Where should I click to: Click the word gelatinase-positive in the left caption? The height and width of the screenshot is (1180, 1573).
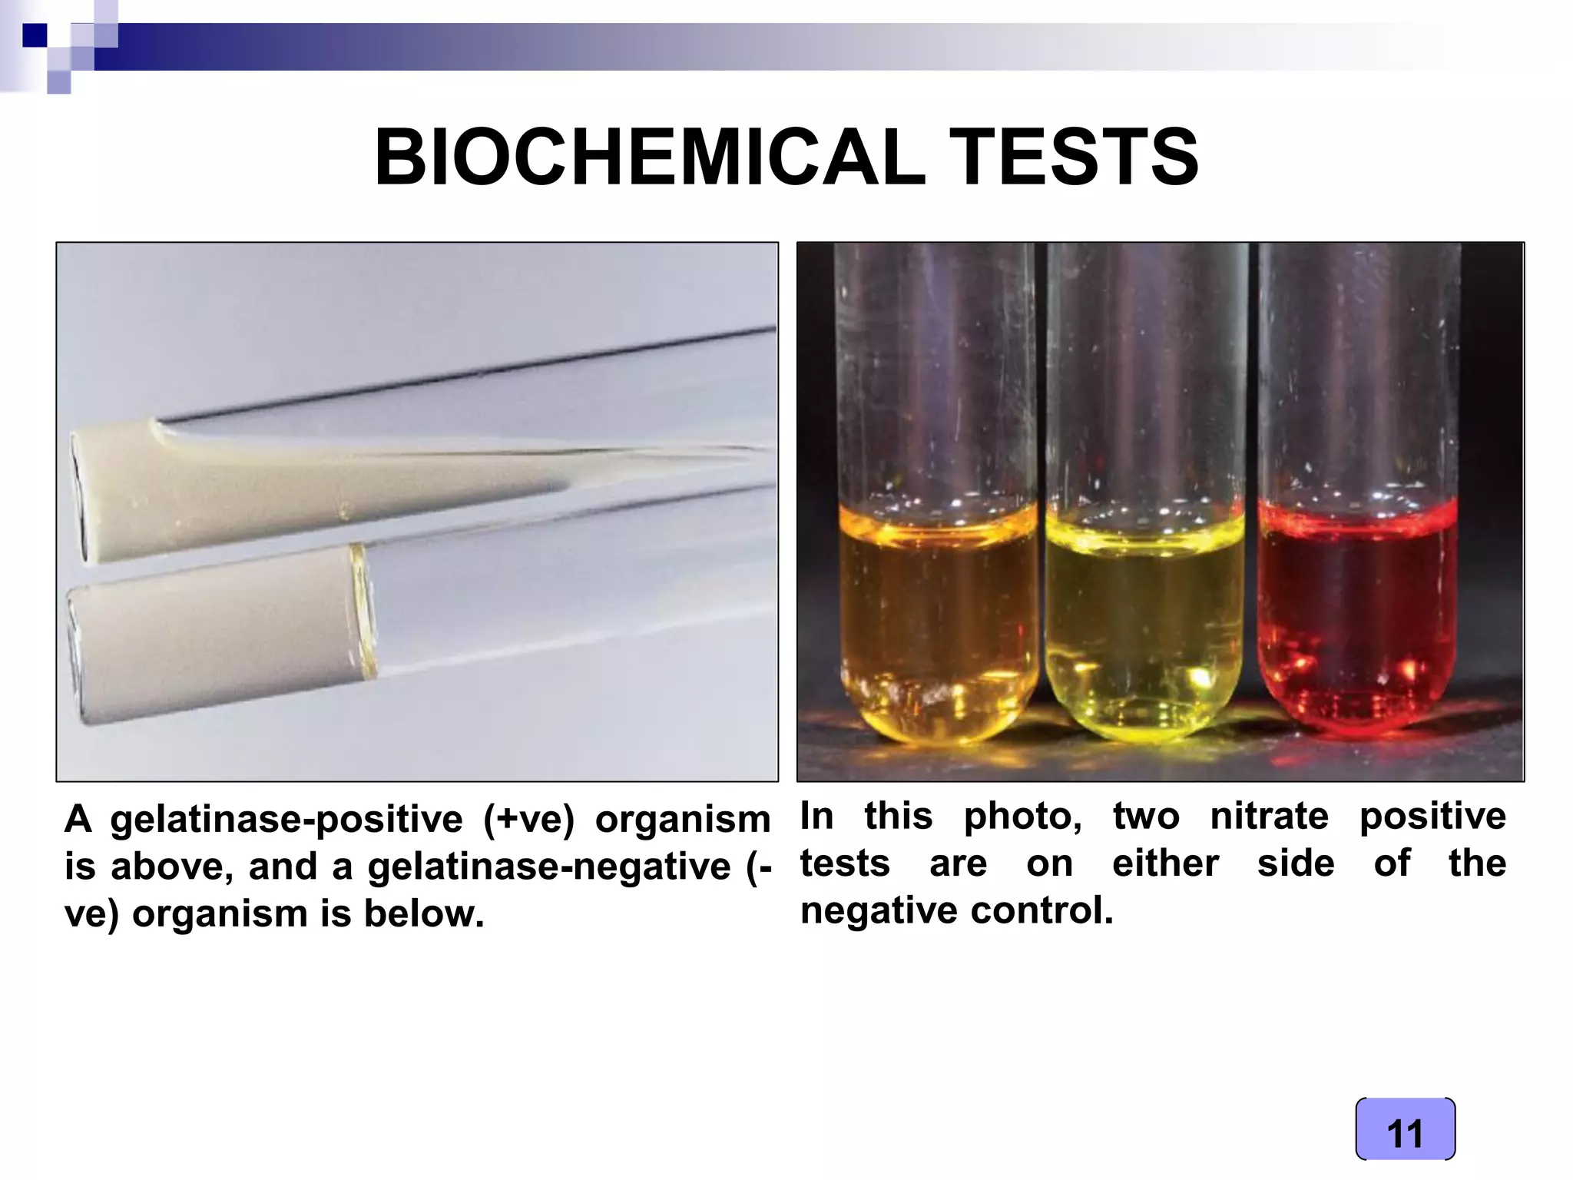point(286,820)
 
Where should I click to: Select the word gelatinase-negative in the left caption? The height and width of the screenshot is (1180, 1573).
point(548,867)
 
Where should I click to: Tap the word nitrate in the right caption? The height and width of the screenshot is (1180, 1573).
point(1269,816)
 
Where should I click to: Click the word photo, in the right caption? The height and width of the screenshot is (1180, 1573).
point(1023,816)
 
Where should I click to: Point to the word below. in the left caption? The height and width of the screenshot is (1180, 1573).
point(423,914)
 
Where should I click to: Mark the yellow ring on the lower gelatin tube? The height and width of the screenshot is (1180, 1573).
point(363,611)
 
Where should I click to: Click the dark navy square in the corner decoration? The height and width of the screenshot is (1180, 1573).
point(35,35)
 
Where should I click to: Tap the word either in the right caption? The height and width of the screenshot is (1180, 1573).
point(1165,863)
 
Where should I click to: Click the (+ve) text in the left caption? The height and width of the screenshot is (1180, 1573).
point(528,820)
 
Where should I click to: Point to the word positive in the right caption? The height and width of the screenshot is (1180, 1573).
point(1432,816)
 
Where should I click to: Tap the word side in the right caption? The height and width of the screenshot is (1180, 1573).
point(1296,863)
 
